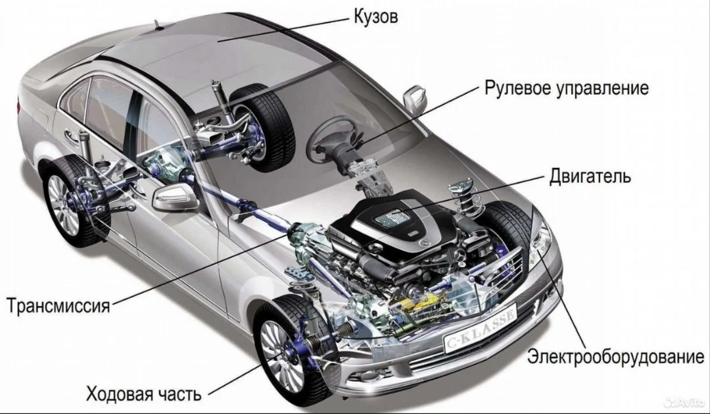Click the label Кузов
click(x=375, y=16)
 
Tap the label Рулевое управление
click(x=567, y=88)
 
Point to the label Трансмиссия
click(x=59, y=305)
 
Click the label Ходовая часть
click(x=143, y=394)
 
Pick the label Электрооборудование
click(x=615, y=357)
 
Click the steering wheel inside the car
click(x=333, y=138)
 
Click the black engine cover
click(x=396, y=224)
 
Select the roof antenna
click(x=158, y=25)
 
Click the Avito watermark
click(x=684, y=401)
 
